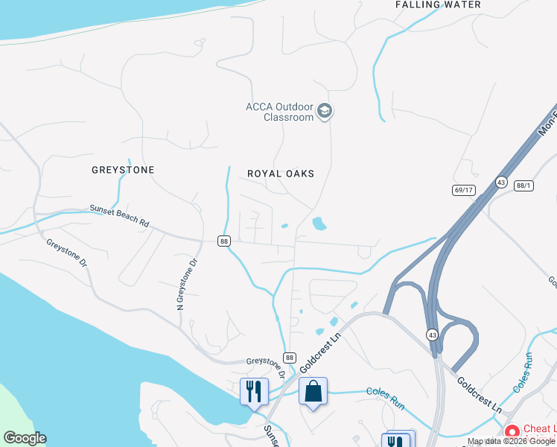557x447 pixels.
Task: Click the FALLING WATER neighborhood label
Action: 438,4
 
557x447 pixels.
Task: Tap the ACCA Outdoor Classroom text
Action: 280,112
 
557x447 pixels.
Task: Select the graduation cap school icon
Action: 324,112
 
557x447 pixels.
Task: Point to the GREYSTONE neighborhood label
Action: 123,170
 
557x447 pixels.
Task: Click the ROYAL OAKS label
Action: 281,174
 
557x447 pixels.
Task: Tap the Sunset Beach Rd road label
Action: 120,217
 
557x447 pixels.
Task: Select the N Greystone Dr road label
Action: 186,284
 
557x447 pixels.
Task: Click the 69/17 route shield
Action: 463,190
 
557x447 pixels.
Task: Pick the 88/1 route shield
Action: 524,186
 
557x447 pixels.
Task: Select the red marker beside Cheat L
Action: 512,431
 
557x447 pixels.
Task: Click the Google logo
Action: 25,438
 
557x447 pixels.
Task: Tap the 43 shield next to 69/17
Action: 501,182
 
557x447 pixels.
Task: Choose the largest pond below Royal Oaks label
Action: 319,223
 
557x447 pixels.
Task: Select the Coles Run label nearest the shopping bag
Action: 385,397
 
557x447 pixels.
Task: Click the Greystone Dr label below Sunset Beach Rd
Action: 67,253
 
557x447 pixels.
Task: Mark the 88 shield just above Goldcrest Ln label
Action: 290,358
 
